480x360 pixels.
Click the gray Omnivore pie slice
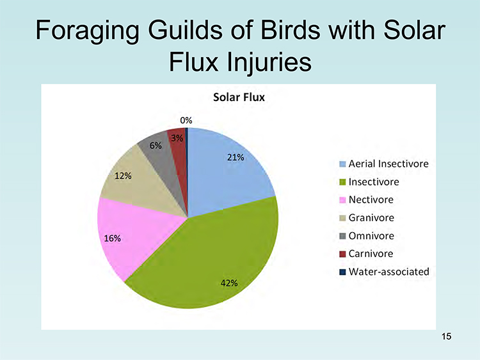tap(163, 159)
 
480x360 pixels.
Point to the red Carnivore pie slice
tap(179, 153)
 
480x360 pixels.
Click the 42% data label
tap(229, 283)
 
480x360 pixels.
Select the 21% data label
tap(236, 157)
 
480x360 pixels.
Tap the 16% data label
tap(113, 239)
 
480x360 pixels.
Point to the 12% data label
tap(123, 176)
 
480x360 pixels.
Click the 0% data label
tap(186, 120)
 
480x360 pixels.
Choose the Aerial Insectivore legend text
tap(388, 164)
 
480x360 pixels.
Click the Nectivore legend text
tap(371, 200)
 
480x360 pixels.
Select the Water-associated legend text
tap(388, 272)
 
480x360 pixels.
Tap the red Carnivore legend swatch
tap(342, 254)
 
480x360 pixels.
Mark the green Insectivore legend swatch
tap(342, 182)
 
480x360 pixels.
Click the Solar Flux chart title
tap(239, 97)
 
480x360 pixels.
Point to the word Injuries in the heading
tap(269, 63)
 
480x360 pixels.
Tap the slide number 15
tap(446, 336)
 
